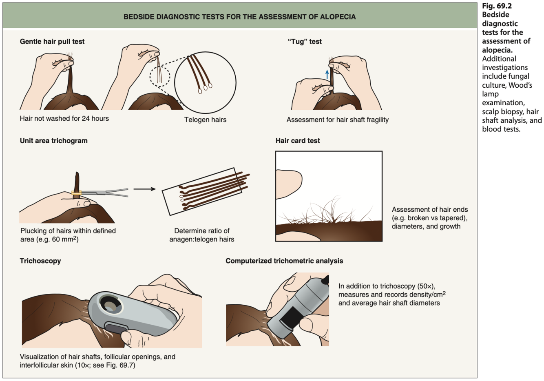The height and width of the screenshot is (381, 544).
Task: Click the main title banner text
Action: [239, 17]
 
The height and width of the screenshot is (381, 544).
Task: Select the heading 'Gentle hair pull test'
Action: [52, 42]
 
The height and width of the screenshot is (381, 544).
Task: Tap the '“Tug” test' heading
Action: [304, 42]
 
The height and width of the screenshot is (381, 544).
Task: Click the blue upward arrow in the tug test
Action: [327, 74]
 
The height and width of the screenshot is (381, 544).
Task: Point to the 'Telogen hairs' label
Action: [205, 120]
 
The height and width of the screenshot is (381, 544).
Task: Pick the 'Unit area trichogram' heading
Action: [53, 141]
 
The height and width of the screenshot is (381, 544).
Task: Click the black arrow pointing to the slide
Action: [144, 189]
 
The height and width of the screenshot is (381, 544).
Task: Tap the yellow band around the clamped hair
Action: [76, 193]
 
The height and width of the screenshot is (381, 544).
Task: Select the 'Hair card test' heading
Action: [298, 141]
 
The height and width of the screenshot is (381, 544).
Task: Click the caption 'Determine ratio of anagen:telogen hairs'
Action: [202, 235]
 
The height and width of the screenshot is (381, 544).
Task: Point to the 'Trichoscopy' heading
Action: [40, 261]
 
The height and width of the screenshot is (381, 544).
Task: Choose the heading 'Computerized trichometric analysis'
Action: [284, 261]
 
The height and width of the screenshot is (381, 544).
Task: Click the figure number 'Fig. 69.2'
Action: [497, 6]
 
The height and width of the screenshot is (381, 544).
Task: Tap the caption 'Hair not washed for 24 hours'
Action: [64, 119]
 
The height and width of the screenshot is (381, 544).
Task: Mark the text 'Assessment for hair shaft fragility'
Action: [338, 120]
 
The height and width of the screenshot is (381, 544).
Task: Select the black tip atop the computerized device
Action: [325, 280]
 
